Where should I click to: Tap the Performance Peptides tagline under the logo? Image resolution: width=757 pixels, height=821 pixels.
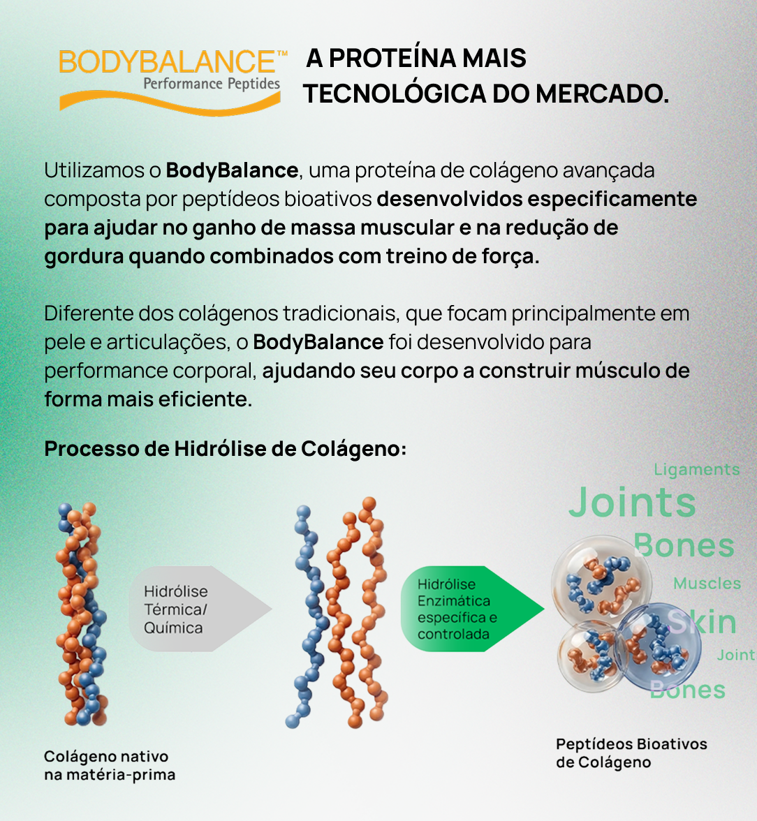212,84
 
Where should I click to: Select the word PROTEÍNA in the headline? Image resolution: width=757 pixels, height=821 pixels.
395,57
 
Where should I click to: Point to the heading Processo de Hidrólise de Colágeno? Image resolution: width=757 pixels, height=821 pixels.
226,449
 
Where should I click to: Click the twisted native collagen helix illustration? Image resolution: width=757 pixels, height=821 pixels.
82,614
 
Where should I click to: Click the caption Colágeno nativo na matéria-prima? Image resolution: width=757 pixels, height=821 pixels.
110,765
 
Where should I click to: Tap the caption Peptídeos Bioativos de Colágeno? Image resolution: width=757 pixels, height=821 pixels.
631,753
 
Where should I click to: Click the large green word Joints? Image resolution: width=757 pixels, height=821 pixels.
632,502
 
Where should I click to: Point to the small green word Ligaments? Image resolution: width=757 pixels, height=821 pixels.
697,470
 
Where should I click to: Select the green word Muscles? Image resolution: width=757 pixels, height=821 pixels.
707,584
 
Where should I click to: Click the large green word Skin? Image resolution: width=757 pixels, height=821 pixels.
702,622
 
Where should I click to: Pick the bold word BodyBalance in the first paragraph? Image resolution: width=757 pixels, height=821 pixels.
232,170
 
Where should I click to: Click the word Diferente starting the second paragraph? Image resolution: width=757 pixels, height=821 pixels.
89,313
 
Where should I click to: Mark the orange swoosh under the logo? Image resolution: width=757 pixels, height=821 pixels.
170,103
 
